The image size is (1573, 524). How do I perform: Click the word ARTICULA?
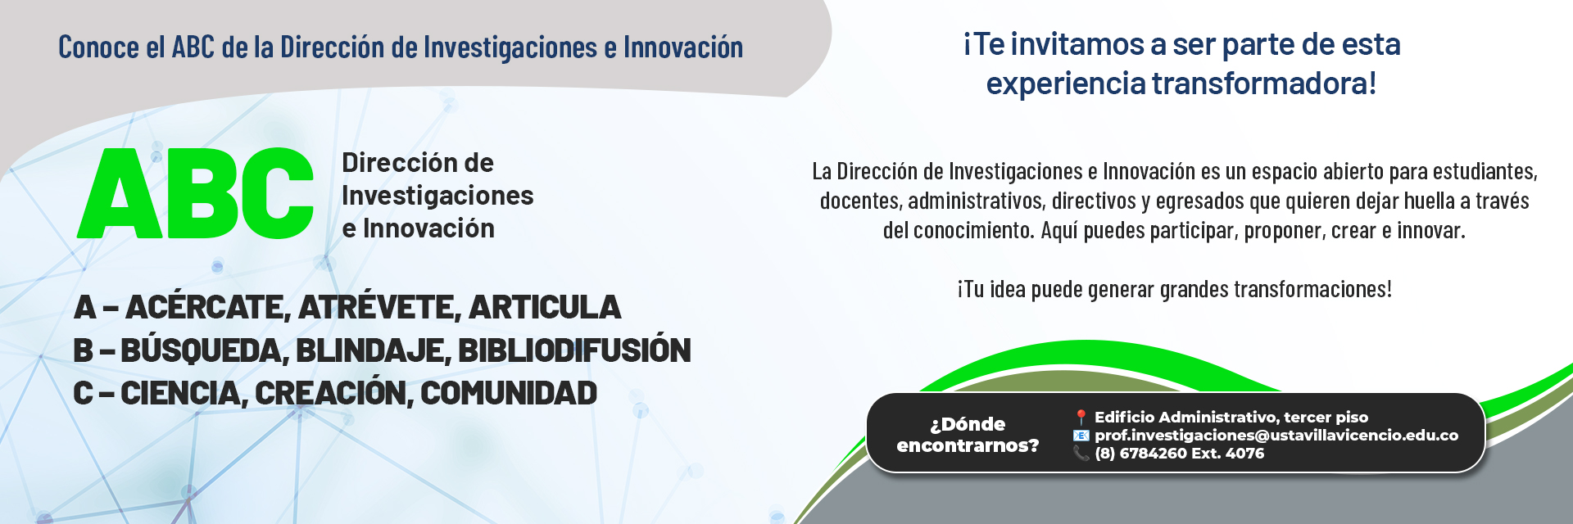point(545,308)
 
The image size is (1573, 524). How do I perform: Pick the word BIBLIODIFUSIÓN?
point(574,350)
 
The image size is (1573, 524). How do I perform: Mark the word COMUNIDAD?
point(509,393)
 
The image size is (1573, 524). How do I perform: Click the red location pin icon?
point(1081,418)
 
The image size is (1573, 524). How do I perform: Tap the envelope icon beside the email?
point(1081,436)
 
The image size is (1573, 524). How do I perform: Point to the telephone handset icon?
point(1081,453)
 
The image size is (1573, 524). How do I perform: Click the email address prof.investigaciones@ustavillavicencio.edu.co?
point(1276,436)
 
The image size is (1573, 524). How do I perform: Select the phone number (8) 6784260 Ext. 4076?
point(1180,454)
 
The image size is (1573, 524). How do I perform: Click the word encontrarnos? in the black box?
point(968,445)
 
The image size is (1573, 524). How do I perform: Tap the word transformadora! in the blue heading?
point(1264,84)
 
